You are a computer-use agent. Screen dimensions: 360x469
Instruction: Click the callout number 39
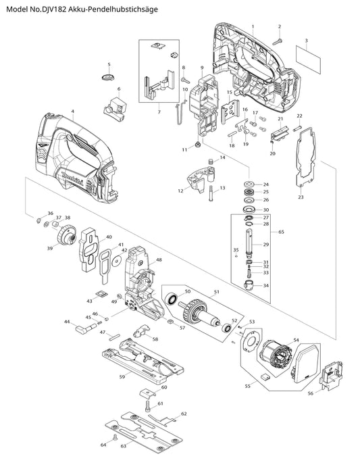coord(50,248)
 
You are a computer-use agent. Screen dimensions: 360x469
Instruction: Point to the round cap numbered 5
coord(107,76)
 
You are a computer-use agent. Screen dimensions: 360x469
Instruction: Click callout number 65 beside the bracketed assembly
coord(282,232)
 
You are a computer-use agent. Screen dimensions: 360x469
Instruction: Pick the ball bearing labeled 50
coord(172,299)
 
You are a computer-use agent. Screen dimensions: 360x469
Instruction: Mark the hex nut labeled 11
coord(197,145)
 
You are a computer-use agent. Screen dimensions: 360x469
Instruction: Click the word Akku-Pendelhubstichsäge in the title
coord(113,9)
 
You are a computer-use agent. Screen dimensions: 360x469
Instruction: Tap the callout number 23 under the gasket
coord(301,197)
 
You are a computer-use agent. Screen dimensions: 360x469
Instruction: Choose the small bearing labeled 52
coord(227,328)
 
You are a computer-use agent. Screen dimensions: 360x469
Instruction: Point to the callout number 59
coord(122,377)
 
